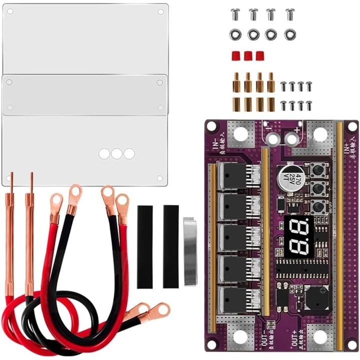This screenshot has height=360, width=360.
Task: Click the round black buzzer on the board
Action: tap(318, 299)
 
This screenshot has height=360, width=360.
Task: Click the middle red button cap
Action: tap(247, 55)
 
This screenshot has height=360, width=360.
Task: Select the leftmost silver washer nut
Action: tap(234, 34)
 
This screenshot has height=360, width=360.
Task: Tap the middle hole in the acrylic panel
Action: tap(116, 153)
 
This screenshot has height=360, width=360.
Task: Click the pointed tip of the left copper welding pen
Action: tap(9, 174)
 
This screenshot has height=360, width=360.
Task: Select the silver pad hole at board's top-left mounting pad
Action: tap(240, 133)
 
